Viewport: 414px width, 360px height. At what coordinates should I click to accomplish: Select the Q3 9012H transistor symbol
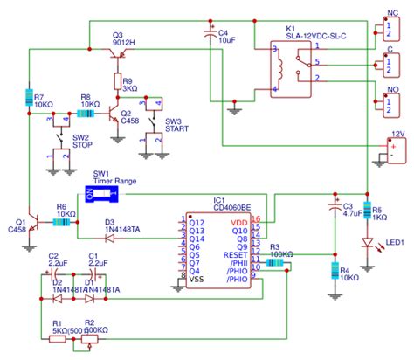tap(118, 54)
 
